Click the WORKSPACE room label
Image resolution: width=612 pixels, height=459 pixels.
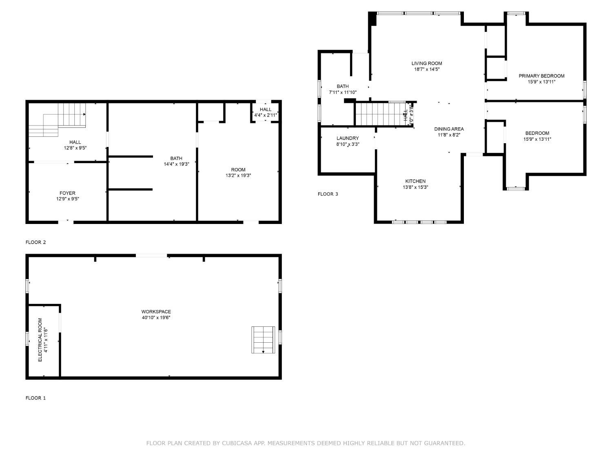156,312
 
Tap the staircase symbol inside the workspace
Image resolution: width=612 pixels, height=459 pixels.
263,339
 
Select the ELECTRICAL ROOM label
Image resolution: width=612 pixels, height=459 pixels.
40,340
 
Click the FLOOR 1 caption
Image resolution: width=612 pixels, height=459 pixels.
36,398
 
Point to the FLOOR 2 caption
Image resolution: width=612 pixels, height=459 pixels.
36,242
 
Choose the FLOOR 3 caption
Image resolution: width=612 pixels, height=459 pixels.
328,194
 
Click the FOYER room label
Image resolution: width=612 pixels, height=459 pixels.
67,193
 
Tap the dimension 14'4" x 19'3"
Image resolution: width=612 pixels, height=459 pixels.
176,164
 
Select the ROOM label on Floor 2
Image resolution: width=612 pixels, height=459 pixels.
238,170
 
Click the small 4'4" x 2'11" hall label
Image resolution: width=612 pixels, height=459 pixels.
266,115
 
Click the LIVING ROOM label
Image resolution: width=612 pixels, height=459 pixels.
427,63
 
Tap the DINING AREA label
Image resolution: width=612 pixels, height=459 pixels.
449,129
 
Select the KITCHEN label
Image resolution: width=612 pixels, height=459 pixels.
415,181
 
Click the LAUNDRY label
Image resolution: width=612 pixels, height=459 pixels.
348,138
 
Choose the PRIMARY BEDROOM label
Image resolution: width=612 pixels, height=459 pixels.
541,76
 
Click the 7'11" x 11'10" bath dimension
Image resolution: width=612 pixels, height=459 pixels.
343,93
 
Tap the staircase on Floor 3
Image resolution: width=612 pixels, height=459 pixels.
380,114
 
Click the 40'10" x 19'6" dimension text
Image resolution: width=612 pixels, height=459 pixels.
156,317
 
